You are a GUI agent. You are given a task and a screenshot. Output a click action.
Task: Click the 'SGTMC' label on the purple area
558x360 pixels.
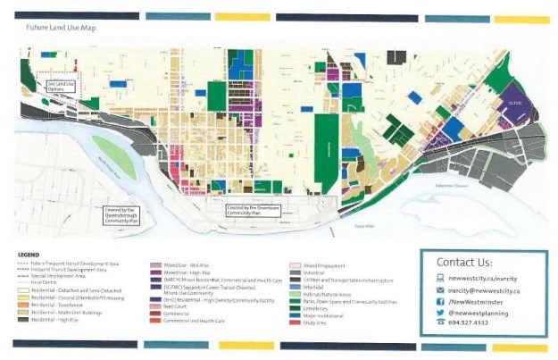click(x=512, y=102)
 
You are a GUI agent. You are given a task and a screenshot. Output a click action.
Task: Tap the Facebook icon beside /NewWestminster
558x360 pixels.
click(x=441, y=303)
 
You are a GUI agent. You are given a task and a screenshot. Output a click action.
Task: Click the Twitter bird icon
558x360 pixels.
click(x=441, y=314)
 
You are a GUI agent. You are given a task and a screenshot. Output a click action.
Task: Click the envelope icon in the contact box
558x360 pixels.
click(x=441, y=290)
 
